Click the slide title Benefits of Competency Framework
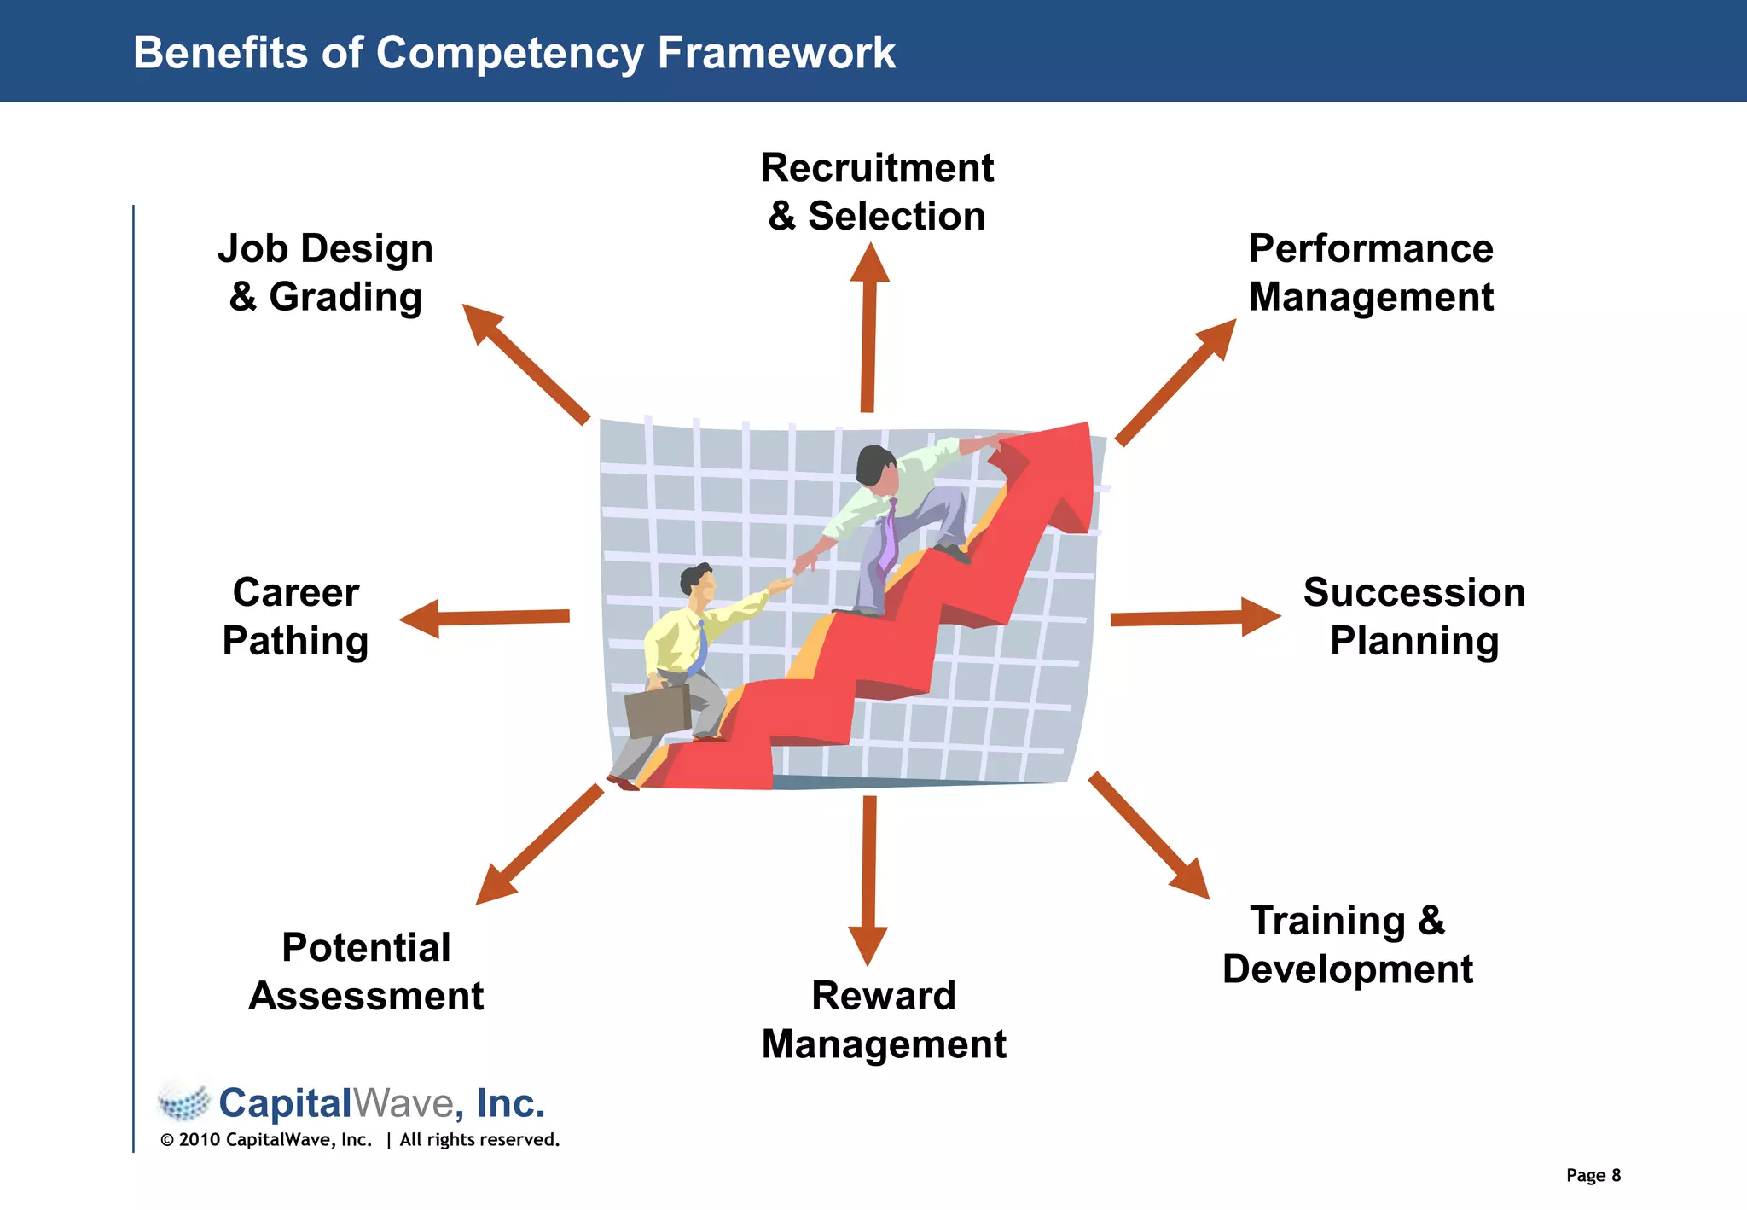(x=514, y=53)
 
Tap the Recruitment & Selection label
(x=877, y=192)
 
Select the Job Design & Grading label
(x=325, y=273)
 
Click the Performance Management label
(x=1370, y=273)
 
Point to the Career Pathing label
(x=295, y=616)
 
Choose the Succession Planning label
(x=1413, y=616)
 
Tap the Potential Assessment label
(x=366, y=972)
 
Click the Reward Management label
(x=884, y=1020)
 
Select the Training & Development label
(x=1347, y=945)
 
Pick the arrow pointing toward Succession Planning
(x=1194, y=617)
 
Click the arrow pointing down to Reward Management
(x=868, y=879)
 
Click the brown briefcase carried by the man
(x=657, y=710)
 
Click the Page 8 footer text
(x=1593, y=1175)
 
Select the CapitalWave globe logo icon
(x=184, y=1102)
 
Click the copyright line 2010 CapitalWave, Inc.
(x=359, y=1140)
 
